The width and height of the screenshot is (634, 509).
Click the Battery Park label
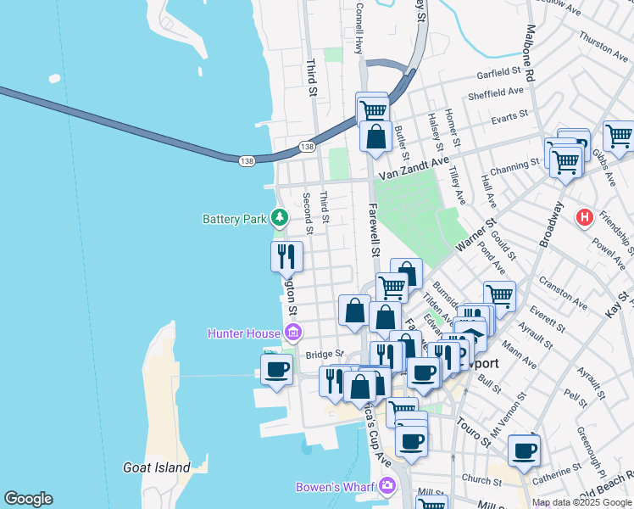pyautogui.click(x=235, y=219)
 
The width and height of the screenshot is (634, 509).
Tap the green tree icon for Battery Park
pyautogui.click(x=279, y=219)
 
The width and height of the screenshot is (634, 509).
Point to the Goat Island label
pyautogui.click(x=156, y=467)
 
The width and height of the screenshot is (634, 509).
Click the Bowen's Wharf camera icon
pyautogui.click(x=388, y=486)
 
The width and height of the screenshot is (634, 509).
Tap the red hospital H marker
pyautogui.click(x=584, y=218)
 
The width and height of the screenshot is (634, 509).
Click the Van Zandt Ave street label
pyautogui.click(x=413, y=169)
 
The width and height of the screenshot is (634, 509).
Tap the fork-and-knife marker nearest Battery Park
pyautogui.click(x=286, y=255)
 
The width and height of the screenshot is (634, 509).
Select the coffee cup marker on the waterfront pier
pyautogui.click(x=276, y=370)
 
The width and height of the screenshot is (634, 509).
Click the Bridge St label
pyautogui.click(x=324, y=355)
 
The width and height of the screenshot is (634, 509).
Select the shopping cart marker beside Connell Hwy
pyautogui.click(x=372, y=109)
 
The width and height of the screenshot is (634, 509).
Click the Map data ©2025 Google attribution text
pyautogui.click(x=582, y=502)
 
